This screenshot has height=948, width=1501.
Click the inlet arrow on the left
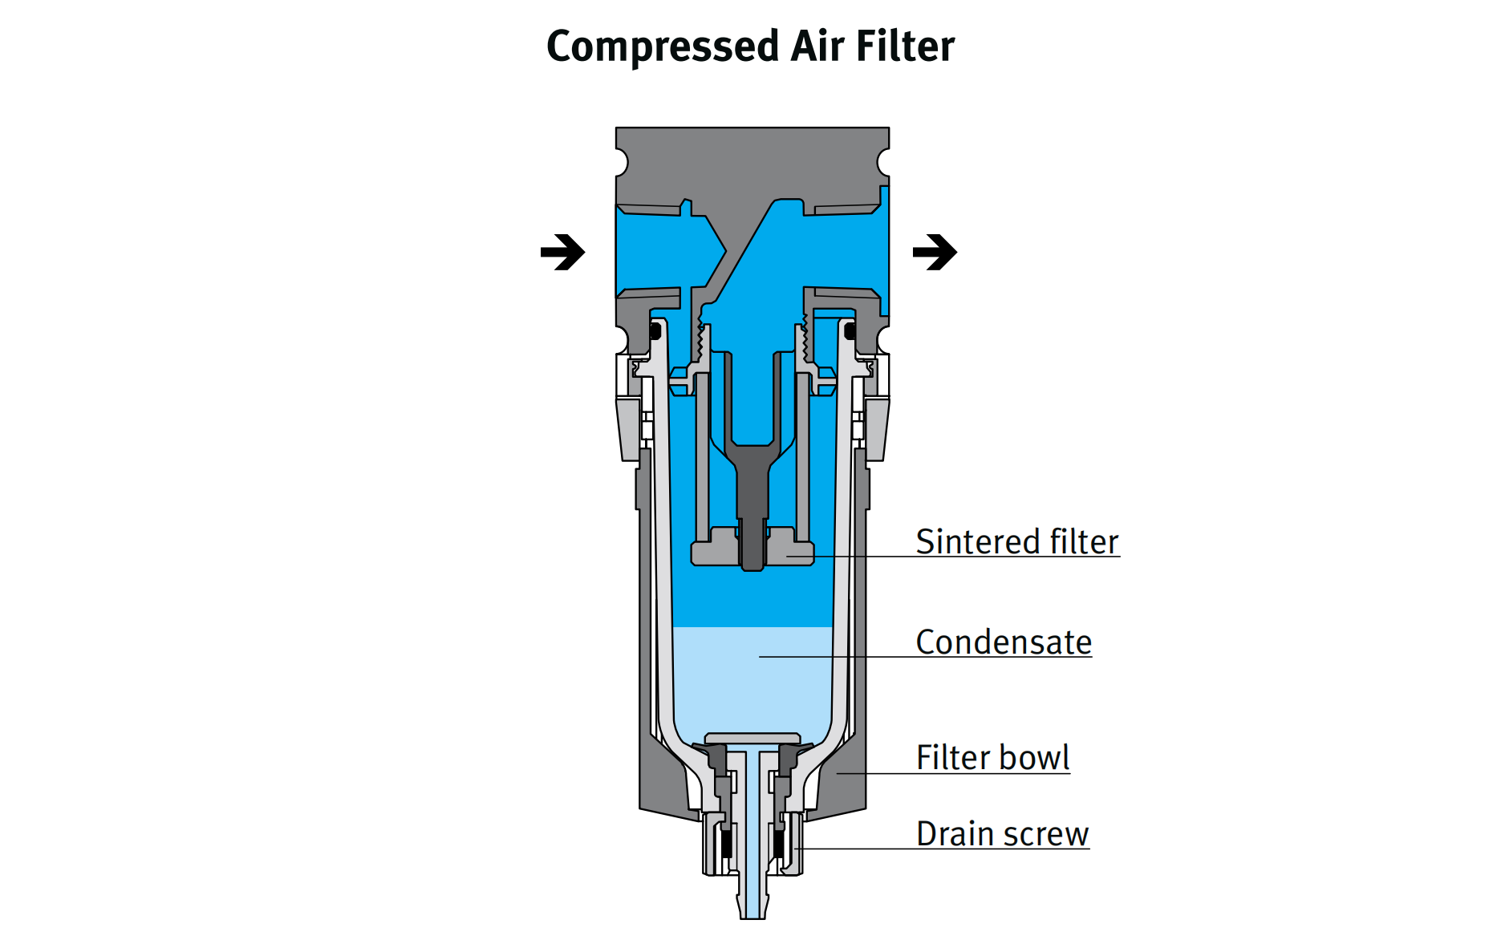[x=562, y=253]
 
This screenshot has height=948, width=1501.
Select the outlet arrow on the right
[x=935, y=253]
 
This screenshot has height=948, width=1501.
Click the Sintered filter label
[x=1016, y=542]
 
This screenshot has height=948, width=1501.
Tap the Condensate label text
[x=1004, y=642]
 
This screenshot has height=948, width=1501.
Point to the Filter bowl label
[x=992, y=758]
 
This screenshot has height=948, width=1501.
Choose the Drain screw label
[x=1002, y=834]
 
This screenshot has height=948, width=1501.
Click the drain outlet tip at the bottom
[x=753, y=910]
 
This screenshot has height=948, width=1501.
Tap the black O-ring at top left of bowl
[x=655, y=330]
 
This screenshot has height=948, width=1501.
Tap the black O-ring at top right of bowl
[x=850, y=330]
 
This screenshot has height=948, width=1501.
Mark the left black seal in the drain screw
[x=727, y=843]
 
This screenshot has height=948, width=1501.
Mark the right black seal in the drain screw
[x=778, y=843]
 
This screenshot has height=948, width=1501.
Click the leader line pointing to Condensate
[x=834, y=657]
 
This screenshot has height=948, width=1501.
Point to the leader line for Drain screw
[x=858, y=849]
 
